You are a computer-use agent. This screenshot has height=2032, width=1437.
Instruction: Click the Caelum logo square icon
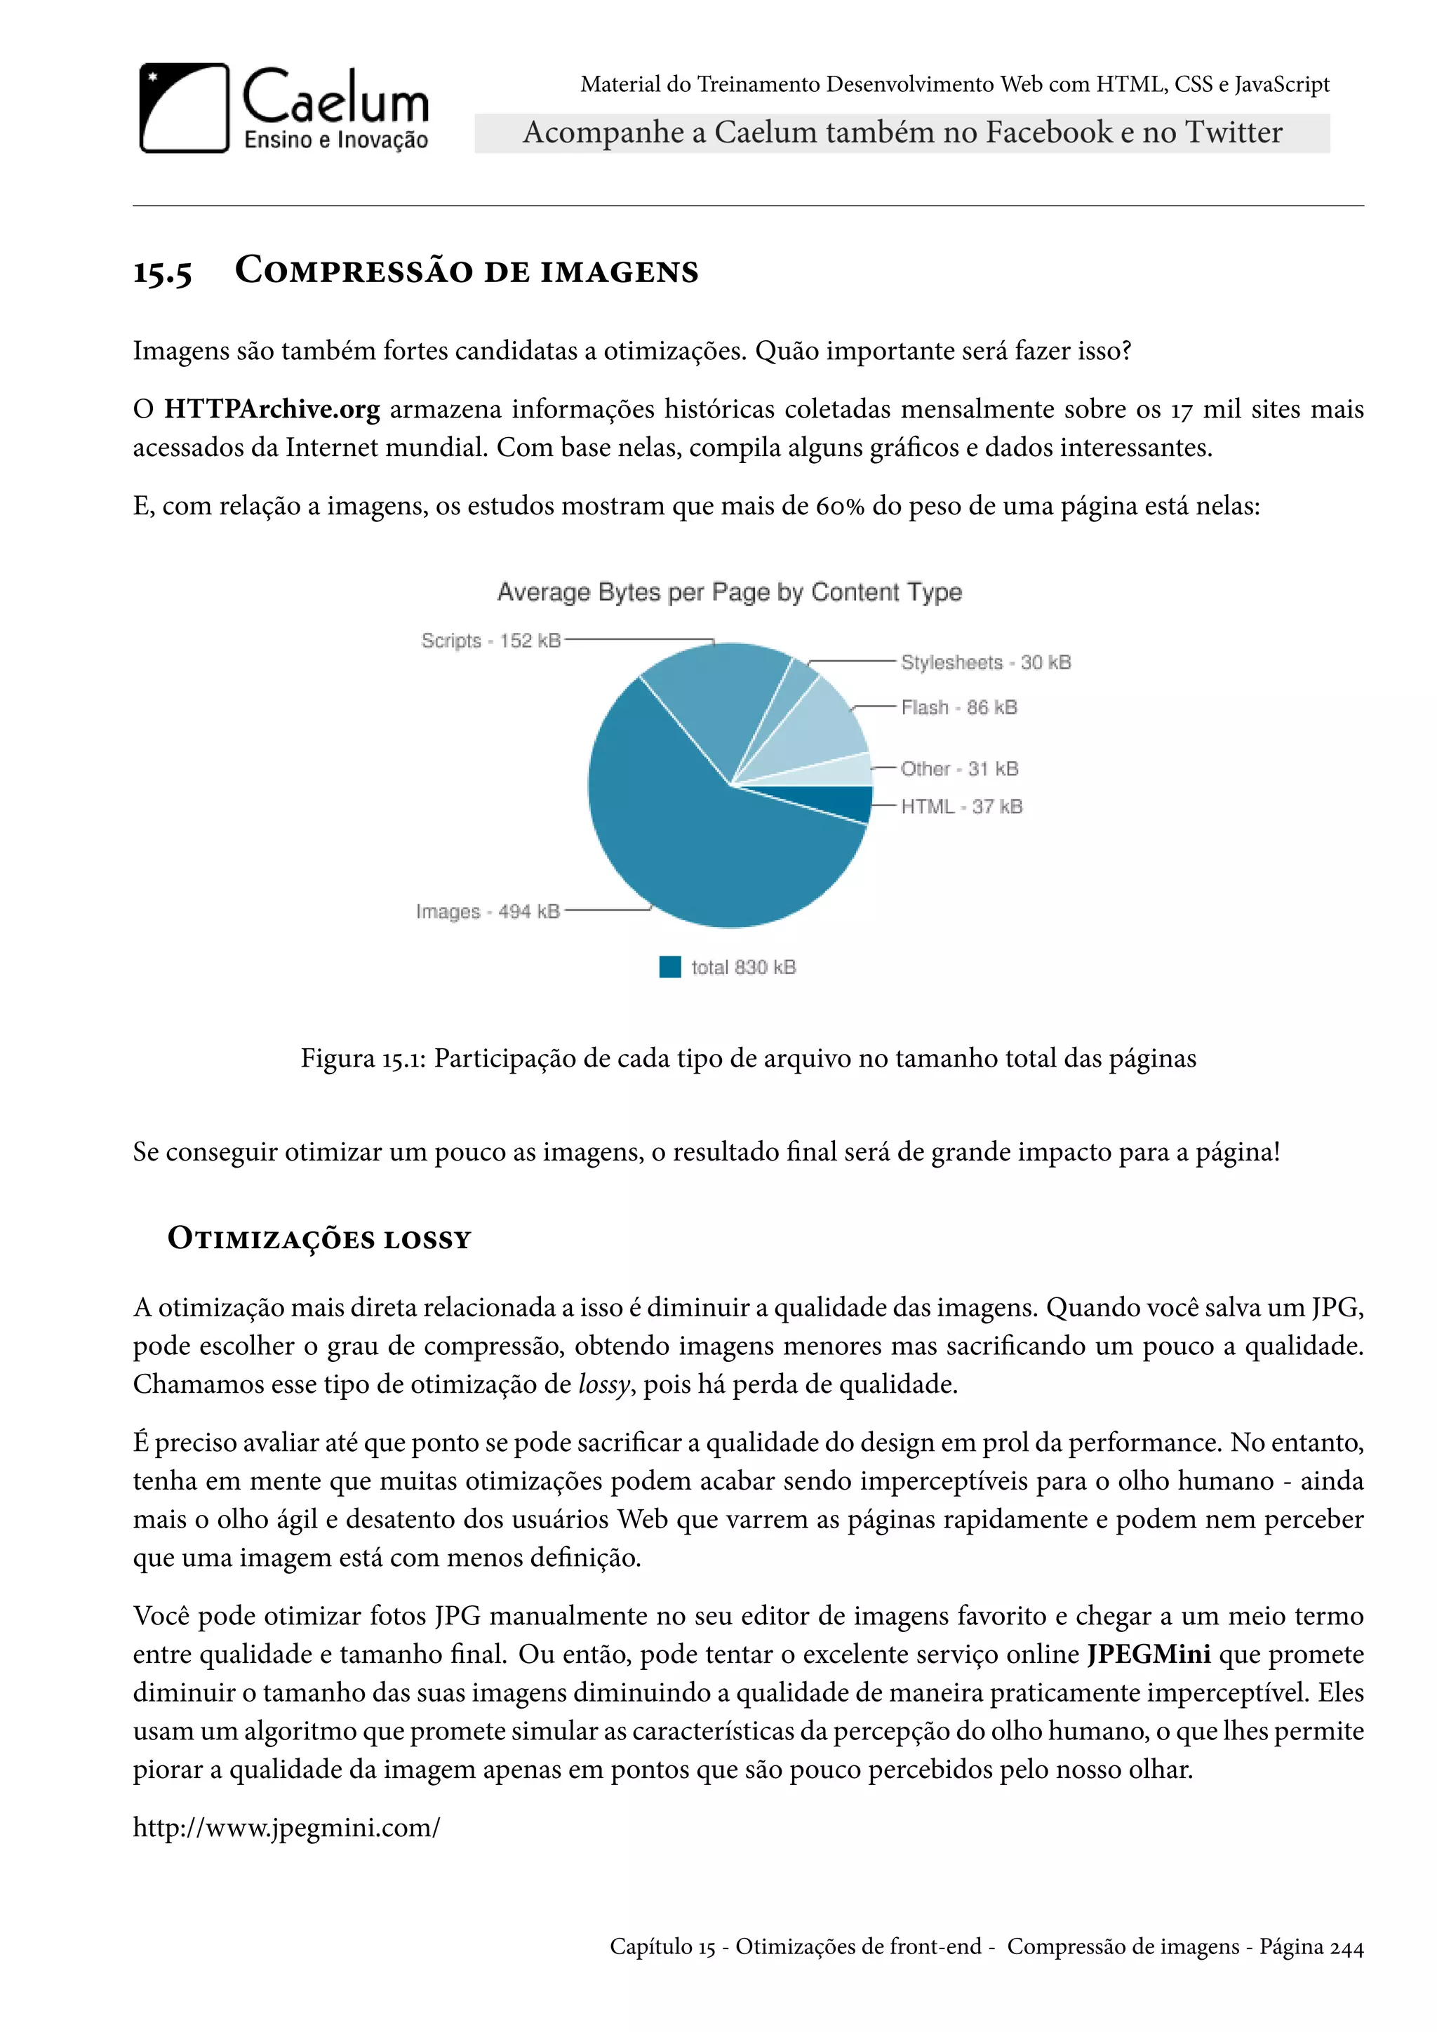tap(184, 108)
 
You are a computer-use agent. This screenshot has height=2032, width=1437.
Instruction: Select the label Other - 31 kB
tap(959, 768)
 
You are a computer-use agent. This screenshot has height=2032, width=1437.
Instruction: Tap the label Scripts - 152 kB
tap(491, 640)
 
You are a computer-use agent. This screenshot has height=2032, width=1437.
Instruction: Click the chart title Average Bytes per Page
tap(729, 591)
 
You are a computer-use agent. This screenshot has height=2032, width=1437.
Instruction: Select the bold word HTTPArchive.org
tap(272, 409)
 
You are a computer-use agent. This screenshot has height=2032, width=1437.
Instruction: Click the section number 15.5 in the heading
tap(162, 272)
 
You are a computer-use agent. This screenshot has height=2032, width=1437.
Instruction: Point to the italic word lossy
tap(603, 1383)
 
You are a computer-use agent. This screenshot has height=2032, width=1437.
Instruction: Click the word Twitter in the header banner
tap(1234, 133)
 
